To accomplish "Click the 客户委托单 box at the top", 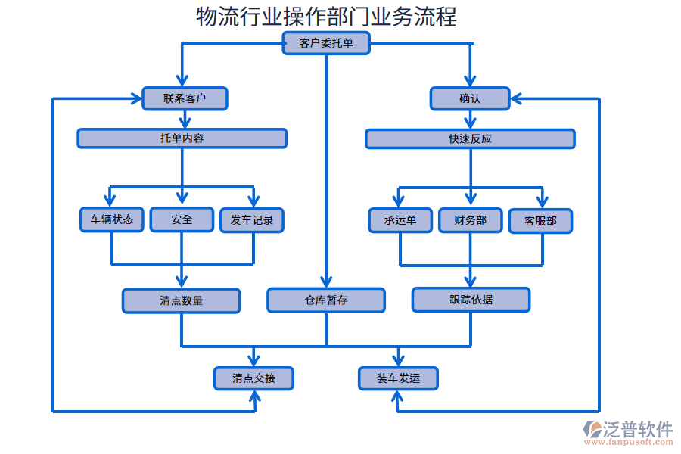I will pos(326,44).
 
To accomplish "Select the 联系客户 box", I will pos(185,98).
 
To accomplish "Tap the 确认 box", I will pos(470,98).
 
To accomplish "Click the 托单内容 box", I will pos(182,138).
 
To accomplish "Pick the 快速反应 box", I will pos(470,138).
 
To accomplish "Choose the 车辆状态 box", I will pos(112,219).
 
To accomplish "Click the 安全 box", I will pos(182,219).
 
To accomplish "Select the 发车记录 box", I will pos(252,220).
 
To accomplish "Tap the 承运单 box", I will pos(400,220).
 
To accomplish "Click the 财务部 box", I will pos(470,220).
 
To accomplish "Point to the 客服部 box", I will pos(540,221).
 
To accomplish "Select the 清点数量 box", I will pos(182,300).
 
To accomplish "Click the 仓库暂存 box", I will pos(326,300).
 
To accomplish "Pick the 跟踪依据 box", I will pos(471,300).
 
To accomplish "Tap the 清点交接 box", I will pos(253,378).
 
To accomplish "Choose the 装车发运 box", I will pos(398,378).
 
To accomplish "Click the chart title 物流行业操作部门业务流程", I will pos(326,16).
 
